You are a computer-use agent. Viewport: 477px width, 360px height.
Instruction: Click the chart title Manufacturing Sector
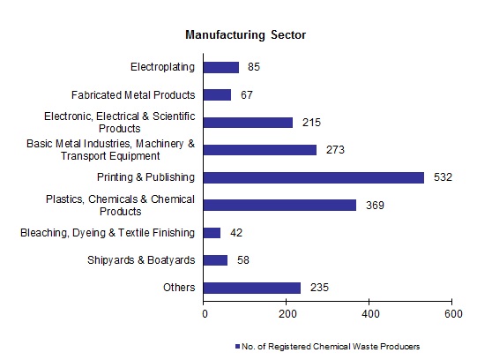tap(244, 35)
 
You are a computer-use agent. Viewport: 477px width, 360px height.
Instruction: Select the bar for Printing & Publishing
tap(313, 177)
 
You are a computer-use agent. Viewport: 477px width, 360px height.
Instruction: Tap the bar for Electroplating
tap(220, 67)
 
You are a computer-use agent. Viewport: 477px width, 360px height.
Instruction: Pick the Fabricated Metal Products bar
tap(217, 94)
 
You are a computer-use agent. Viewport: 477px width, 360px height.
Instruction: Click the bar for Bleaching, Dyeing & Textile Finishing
tap(212, 232)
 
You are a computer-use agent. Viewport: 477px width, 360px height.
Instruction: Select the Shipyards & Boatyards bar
tap(215, 260)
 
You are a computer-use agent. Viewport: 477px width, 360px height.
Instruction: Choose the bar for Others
tap(251, 288)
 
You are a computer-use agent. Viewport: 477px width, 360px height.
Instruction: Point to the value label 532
tap(443, 177)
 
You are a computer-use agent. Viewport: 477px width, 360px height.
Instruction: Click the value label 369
tap(375, 205)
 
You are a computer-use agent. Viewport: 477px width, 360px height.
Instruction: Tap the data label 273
tap(334, 150)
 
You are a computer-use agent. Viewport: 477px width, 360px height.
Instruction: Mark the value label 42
tap(236, 233)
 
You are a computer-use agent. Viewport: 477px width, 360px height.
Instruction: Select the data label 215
tap(310, 123)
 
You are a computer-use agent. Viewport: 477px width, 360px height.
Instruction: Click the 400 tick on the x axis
tap(369, 312)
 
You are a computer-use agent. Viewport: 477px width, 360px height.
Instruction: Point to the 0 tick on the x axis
tap(205, 312)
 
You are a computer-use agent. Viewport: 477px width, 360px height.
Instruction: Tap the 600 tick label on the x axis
tap(452, 312)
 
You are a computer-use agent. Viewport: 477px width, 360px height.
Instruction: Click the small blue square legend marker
tap(238, 346)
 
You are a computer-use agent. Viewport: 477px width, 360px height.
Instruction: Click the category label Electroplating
tap(162, 67)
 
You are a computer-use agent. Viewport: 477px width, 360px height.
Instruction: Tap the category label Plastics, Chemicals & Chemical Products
tap(121, 205)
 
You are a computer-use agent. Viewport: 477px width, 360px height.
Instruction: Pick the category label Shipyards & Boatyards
tap(141, 260)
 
